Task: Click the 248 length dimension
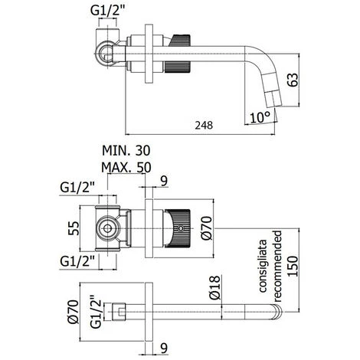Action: point(204,126)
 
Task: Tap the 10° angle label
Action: point(260,117)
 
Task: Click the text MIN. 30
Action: point(126,151)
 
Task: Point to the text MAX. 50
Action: point(126,168)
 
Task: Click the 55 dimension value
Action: point(74,228)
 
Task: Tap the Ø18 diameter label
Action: point(214,288)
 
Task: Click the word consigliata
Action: point(263,266)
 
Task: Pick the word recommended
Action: point(277,267)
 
